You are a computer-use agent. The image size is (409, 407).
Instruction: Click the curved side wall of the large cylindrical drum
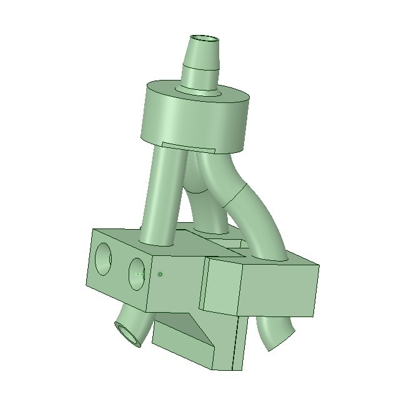(187, 122)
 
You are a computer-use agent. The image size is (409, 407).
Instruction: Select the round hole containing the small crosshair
(139, 273)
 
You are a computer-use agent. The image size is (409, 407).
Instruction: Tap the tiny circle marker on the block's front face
(160, 274)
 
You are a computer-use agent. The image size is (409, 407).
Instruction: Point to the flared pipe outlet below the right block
(275, 334)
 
